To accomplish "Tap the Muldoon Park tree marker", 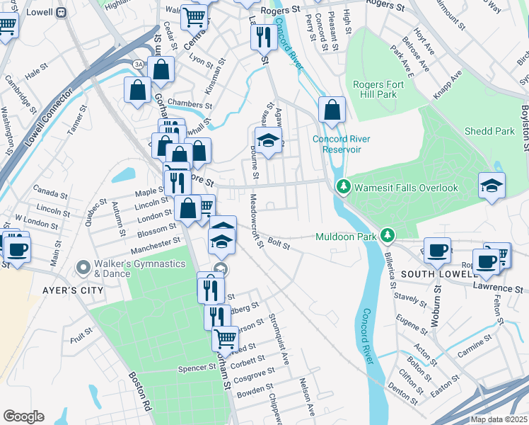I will tap(387, 235).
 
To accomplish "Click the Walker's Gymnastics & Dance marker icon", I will tap(84, 268).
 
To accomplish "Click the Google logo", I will tap(23, 416).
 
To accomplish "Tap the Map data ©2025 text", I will tap(499, 419).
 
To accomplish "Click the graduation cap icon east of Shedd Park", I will tap(492, 186).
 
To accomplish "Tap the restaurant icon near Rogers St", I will tap(263, 36).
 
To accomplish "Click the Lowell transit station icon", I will tap(61, 12).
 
